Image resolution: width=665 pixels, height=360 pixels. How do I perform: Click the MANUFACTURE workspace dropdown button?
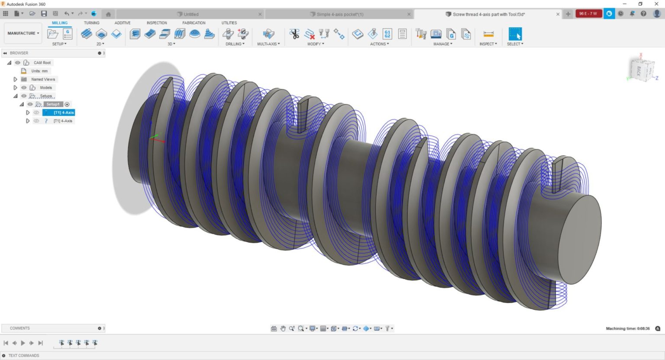(x=23, y=33)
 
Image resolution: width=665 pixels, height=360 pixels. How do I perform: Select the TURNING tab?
(x=91, y=23)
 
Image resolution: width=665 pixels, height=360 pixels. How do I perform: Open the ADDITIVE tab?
(x=123, y=23)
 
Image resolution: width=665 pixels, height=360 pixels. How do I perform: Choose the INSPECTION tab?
(x=157, y=23)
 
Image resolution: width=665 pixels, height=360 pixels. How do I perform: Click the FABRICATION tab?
(x=194, y=23)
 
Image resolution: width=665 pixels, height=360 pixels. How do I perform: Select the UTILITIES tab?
(x=229, y=23)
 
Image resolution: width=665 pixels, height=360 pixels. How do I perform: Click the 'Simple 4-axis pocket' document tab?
(x=339, y=14)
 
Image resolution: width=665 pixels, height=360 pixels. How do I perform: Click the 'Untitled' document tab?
(x=190, y=14)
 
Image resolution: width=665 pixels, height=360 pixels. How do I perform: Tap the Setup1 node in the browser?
(x=53, y=104)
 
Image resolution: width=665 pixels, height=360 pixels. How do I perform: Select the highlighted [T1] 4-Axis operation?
(x=63, y=112)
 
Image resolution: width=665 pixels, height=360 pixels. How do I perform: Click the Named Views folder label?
(x=43, y=80)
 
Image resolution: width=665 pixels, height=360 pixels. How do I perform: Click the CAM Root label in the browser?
(x=42, y=63)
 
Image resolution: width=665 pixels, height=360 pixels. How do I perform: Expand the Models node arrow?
(x=15, y=88)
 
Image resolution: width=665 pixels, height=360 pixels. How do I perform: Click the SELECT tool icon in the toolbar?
(x=515, y=34)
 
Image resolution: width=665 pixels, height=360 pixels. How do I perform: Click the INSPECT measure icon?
(x=488, y=34)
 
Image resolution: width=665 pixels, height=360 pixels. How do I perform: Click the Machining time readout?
(x=627, y=328)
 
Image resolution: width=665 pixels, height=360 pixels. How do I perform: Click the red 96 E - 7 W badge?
(x=588, y=14)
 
